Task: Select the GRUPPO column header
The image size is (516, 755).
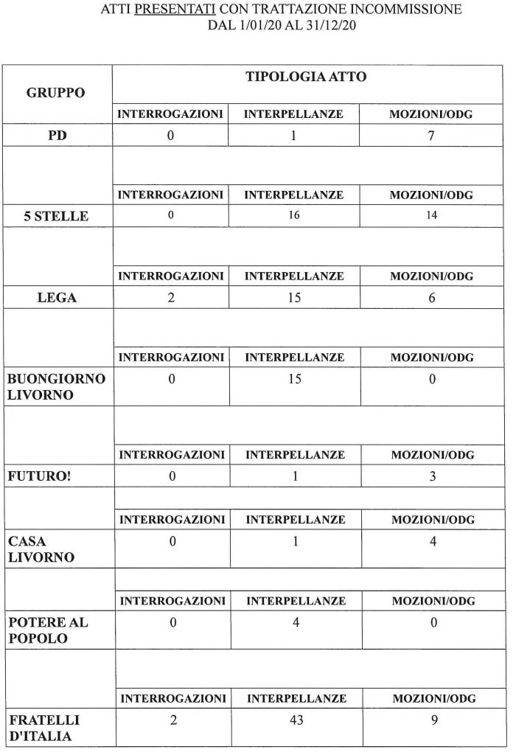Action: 56,93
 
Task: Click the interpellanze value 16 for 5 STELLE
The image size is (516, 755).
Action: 293,216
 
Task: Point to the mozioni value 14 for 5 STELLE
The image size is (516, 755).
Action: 431,216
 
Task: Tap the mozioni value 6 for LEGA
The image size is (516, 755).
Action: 432,298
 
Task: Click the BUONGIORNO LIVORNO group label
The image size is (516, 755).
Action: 56,386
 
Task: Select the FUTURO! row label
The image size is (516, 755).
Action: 40,476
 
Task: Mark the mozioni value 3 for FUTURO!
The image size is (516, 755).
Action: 432,476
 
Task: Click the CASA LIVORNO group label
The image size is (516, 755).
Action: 41,549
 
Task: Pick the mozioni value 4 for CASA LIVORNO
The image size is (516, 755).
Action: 433,542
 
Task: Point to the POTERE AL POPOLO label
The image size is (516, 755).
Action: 47,630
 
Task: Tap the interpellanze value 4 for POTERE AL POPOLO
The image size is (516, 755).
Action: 294,623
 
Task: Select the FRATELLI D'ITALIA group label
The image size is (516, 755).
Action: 43,728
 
